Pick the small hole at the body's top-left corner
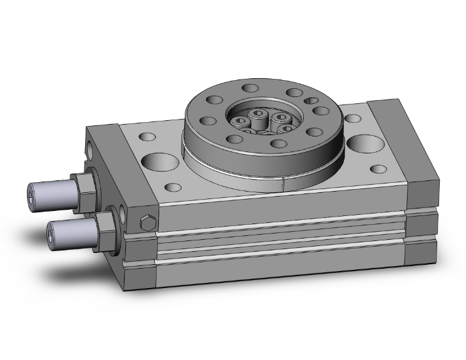(x=148, y=135)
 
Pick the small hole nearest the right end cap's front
(x=380, y=168)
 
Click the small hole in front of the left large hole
(x=172, y=187)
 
